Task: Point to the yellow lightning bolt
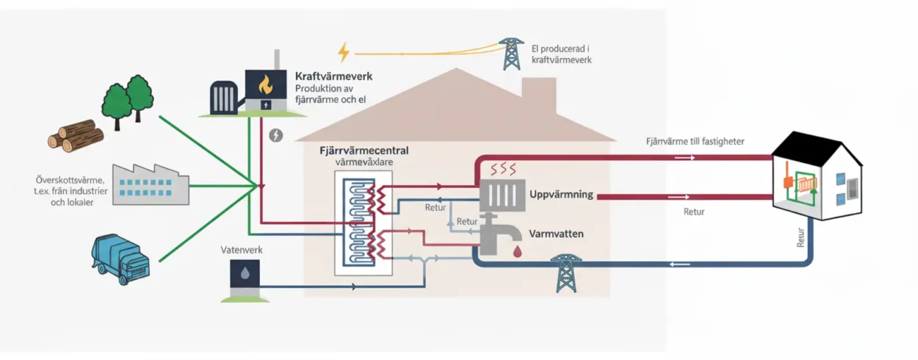tap(344, 52)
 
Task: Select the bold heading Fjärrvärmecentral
tap(364, 151)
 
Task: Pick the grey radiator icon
tap(502, 195)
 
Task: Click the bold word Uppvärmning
tap(560, 195)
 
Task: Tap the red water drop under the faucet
tap(518, 252)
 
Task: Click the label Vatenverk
tap(242, 250)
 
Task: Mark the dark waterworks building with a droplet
tap(244, 276)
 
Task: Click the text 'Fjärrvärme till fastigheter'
tap(695, 140)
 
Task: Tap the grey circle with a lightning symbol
tap(276, 135)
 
